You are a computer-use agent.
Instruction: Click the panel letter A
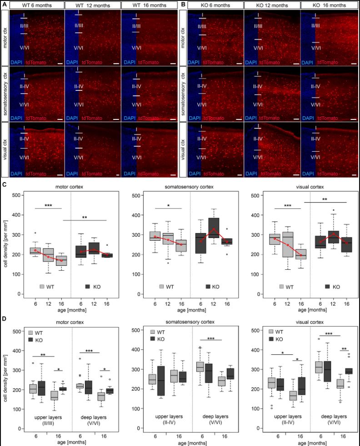point(4,4)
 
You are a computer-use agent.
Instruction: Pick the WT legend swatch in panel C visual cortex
point(282,287)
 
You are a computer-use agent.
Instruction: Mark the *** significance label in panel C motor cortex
point(49,206)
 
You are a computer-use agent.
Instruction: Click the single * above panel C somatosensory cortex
point(168,206)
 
